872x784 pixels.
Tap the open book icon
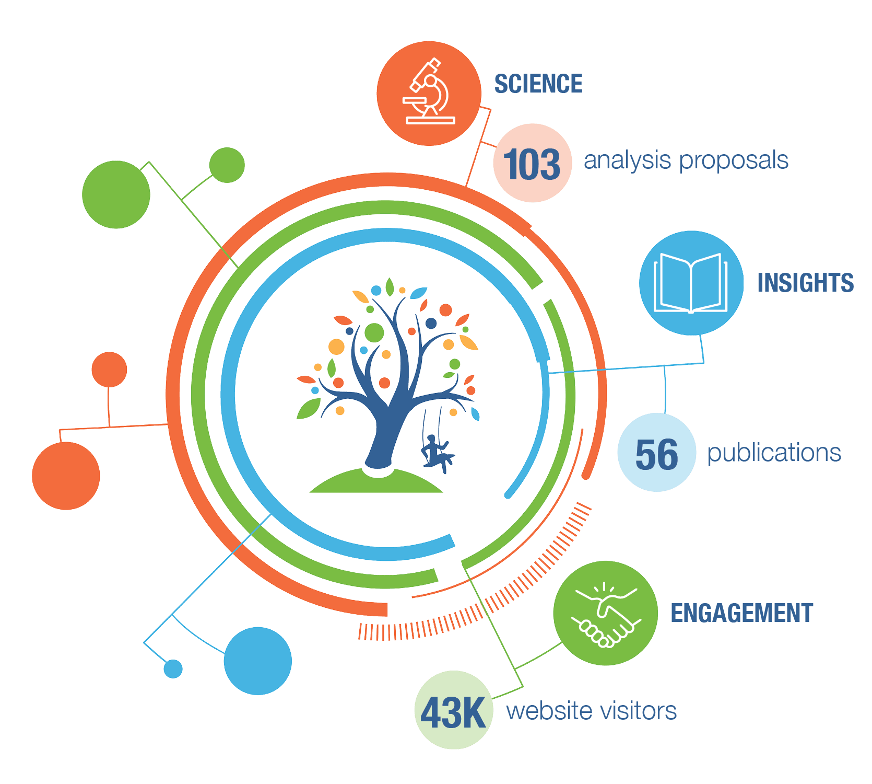pyautogui.click(x=691, y=283)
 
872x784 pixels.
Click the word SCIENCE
pyautogui.click(x=538, y=84)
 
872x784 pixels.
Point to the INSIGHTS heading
pyautogui.click(x=805, y=283)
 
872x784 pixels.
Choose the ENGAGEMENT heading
pyautogui.click(x=741, y=613)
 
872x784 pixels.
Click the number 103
pyautogui.click(x=532, y=164)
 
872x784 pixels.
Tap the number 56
pyautogui.click(x=656, y=454)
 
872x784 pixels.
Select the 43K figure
pyautogui.click(x=453, y=712)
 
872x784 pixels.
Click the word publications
pyautogui.click(x=774, y=453)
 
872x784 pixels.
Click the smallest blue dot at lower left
pyautogui.click(x=173, y=668)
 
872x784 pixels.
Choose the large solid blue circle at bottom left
pyautogui.click(x=258, y=661)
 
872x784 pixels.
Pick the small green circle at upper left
pyautogui.click(x=227, y=165)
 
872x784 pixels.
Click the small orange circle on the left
pyautogui.click(x=109, y=370)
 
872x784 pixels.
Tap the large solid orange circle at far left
pyautogui.click(x=66, y=476)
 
